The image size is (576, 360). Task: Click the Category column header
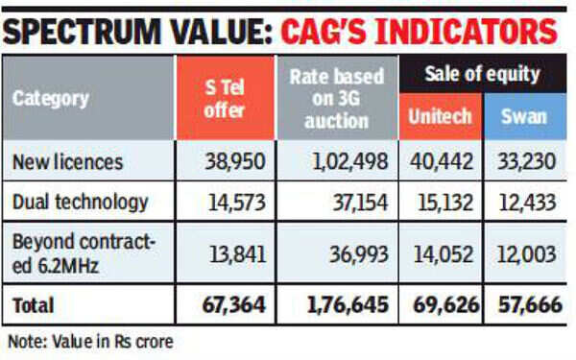click(50, 98)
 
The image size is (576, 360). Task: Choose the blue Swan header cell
click(523, 115)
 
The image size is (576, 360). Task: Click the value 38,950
click(230, 162)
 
